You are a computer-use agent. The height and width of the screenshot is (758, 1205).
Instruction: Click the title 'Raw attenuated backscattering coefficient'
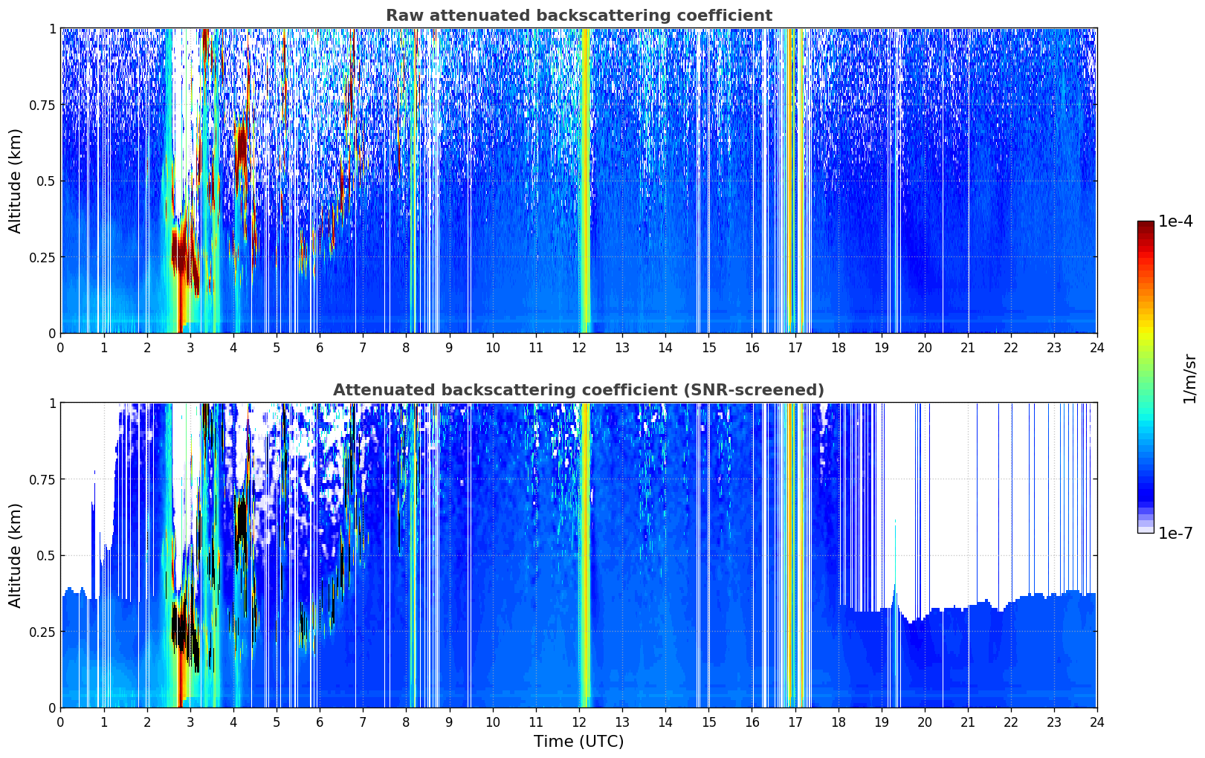(x=578, y=16)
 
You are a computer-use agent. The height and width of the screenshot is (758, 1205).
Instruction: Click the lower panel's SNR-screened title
(x=578, y=390)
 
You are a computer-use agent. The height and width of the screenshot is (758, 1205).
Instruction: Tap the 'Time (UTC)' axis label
(x=578, y=742)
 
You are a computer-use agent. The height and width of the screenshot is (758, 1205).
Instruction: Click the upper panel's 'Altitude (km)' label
(x=16, y=181)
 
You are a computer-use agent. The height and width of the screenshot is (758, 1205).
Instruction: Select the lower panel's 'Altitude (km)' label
(x=16, y=555)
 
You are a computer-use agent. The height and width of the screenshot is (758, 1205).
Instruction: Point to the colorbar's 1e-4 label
(x=1175, y=221)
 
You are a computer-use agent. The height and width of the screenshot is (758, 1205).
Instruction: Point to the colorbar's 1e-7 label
(x=1175, y=533)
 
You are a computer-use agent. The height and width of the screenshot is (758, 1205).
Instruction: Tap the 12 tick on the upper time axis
(x=578, y=347)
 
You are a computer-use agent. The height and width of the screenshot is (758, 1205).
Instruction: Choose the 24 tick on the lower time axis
(x=1096, y=722)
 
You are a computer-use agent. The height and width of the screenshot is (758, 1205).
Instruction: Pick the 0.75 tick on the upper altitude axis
(x=42, y=105)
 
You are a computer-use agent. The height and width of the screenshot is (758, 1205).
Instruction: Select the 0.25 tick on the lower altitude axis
(x=42, y=632)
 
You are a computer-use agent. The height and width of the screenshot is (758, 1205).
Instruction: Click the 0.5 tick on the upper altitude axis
(x=46, y=181)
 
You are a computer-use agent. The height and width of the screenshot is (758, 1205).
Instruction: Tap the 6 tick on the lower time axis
(x=320, y=722)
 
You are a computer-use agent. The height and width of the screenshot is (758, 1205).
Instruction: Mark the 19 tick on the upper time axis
(x=881, y=347)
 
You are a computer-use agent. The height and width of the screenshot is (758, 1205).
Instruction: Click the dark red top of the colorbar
(x=1145, y=225)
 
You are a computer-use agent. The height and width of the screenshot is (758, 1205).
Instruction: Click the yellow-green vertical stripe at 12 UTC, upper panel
(x=586, y=178)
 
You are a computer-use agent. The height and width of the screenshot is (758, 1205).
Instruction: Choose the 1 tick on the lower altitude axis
(x=52, y=403)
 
